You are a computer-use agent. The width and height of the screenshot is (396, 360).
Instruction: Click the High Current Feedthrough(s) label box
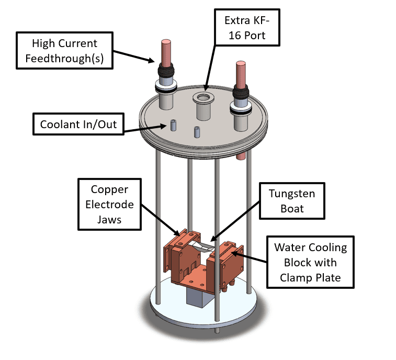coord(64,51)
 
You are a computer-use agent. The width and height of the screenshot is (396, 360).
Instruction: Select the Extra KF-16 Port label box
coord(247,28)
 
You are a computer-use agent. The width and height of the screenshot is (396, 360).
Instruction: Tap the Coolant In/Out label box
coord(78,124)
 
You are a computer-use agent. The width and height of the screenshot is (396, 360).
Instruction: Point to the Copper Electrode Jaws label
coord(109,205)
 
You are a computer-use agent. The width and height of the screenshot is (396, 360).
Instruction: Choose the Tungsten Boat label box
coord(292,201)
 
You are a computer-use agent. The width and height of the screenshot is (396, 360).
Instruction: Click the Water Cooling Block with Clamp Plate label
coord(310,262)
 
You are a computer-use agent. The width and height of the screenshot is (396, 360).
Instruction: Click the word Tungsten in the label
coord(292,194)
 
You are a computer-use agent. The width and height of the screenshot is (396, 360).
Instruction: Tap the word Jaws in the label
coord(109,220)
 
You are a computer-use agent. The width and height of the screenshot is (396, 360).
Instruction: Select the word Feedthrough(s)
coord(64,59)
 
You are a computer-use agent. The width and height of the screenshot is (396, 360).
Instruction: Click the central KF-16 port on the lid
coord(203,106)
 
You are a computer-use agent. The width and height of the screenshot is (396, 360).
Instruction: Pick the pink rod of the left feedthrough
coord(166,53)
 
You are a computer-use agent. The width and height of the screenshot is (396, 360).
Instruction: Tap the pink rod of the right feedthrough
coord(241,74)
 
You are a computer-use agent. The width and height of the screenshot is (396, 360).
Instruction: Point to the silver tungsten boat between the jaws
coord(202,246)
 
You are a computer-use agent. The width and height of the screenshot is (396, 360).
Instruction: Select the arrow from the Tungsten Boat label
coord(235,221)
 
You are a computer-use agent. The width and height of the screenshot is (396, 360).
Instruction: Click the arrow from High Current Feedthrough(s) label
coord(134,56)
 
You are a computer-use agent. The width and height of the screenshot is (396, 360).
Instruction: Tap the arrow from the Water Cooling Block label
coord(249,257)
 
